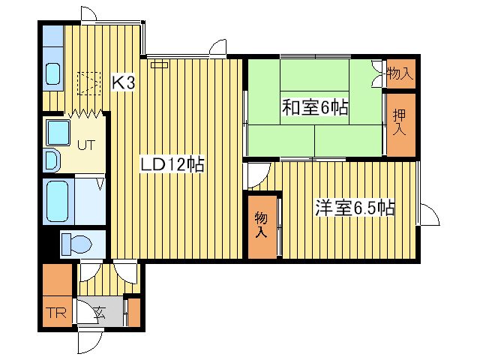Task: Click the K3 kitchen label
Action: tap(124, 82)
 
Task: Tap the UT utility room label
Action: tap(85, 145)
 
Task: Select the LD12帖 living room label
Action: tap(172, 163)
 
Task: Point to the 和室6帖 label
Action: tap(315, 108)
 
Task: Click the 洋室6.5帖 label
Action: tap(355, 208)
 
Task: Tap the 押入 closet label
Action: tap(399, 123)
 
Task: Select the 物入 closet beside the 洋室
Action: tap(262, 225)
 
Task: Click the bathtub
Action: tap(57, 201)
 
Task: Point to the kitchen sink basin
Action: tap(53, 73)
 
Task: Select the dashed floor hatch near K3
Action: tap(89, 82)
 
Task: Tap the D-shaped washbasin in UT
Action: tap(51, 160)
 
